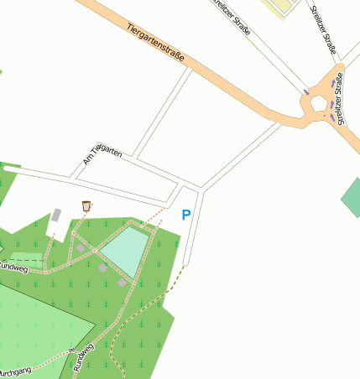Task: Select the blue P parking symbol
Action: [x=186, y=215]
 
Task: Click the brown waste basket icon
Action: [x=86, y=205]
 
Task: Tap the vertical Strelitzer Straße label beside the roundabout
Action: [x=339, y=98]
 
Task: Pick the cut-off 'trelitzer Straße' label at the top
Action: [x=232, y=16]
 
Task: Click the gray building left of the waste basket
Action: [x=56, y=215]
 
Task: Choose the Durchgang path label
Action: [x=14, y=370]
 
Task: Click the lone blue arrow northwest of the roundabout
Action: [x=305, y=91]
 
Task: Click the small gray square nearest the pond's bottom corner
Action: [x=123, y=283]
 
